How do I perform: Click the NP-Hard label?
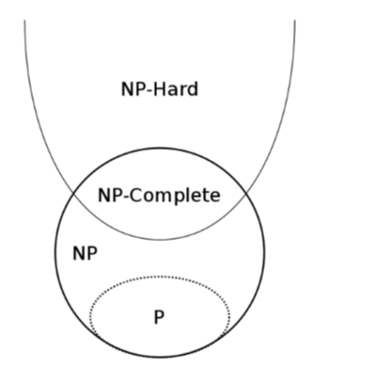tap(160, 89)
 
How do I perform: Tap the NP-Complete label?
tap(159, 196)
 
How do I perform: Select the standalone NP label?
tap(85, 253)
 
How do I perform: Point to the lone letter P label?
tap(159, 317)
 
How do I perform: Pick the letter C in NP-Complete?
tap(135, 195)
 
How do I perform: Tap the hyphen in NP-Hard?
tap(149, 91)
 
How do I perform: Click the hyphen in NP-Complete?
tap(125, 198)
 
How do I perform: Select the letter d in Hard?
tap(193, 89)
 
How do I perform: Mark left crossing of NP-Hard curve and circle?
tap(73, 192)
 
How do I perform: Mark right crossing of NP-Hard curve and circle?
tap(246, 192)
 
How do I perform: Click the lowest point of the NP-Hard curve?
tap(160, 240)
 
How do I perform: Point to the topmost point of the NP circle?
tap(160, 148)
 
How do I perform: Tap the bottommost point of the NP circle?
tap(160, 358)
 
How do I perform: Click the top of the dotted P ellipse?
tap(160, 277)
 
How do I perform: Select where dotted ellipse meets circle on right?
tap(222, 335)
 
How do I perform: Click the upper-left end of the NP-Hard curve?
tap(24, 20)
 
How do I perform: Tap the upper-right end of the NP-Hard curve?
tap(295, 20)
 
